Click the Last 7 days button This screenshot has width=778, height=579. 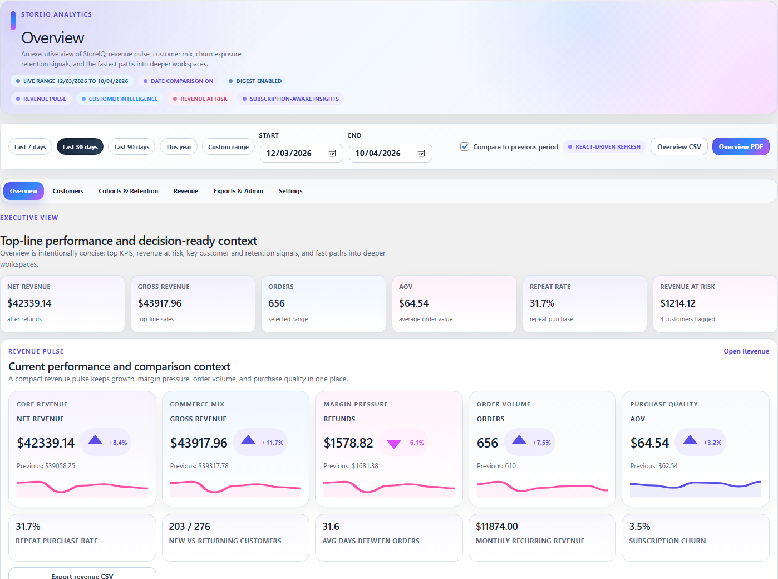coord(30,147)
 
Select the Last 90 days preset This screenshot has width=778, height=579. coord(132,147)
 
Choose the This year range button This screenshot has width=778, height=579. coord(179,147)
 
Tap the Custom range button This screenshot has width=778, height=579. coord(228,147)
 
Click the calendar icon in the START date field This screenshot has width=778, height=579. coord(332,153)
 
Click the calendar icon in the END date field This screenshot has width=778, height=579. coord(421,153)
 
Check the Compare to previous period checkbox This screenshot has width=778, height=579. coord(465,147)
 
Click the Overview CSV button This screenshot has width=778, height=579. coord(679,147)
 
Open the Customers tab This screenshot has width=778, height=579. coord(68,191)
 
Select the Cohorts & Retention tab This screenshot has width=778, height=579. coord(129,191)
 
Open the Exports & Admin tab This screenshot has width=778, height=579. coord(238,191)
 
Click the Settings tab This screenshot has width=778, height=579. coord(290,191)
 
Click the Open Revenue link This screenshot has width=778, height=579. coord(746,351)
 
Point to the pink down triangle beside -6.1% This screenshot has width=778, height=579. coord(394,444)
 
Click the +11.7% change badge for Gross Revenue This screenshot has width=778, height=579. coord(272,443)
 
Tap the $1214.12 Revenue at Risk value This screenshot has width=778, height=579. coord(678,303)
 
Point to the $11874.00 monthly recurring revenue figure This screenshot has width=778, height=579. coord(496,527)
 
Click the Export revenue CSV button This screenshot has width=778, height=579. coord(82,576)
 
